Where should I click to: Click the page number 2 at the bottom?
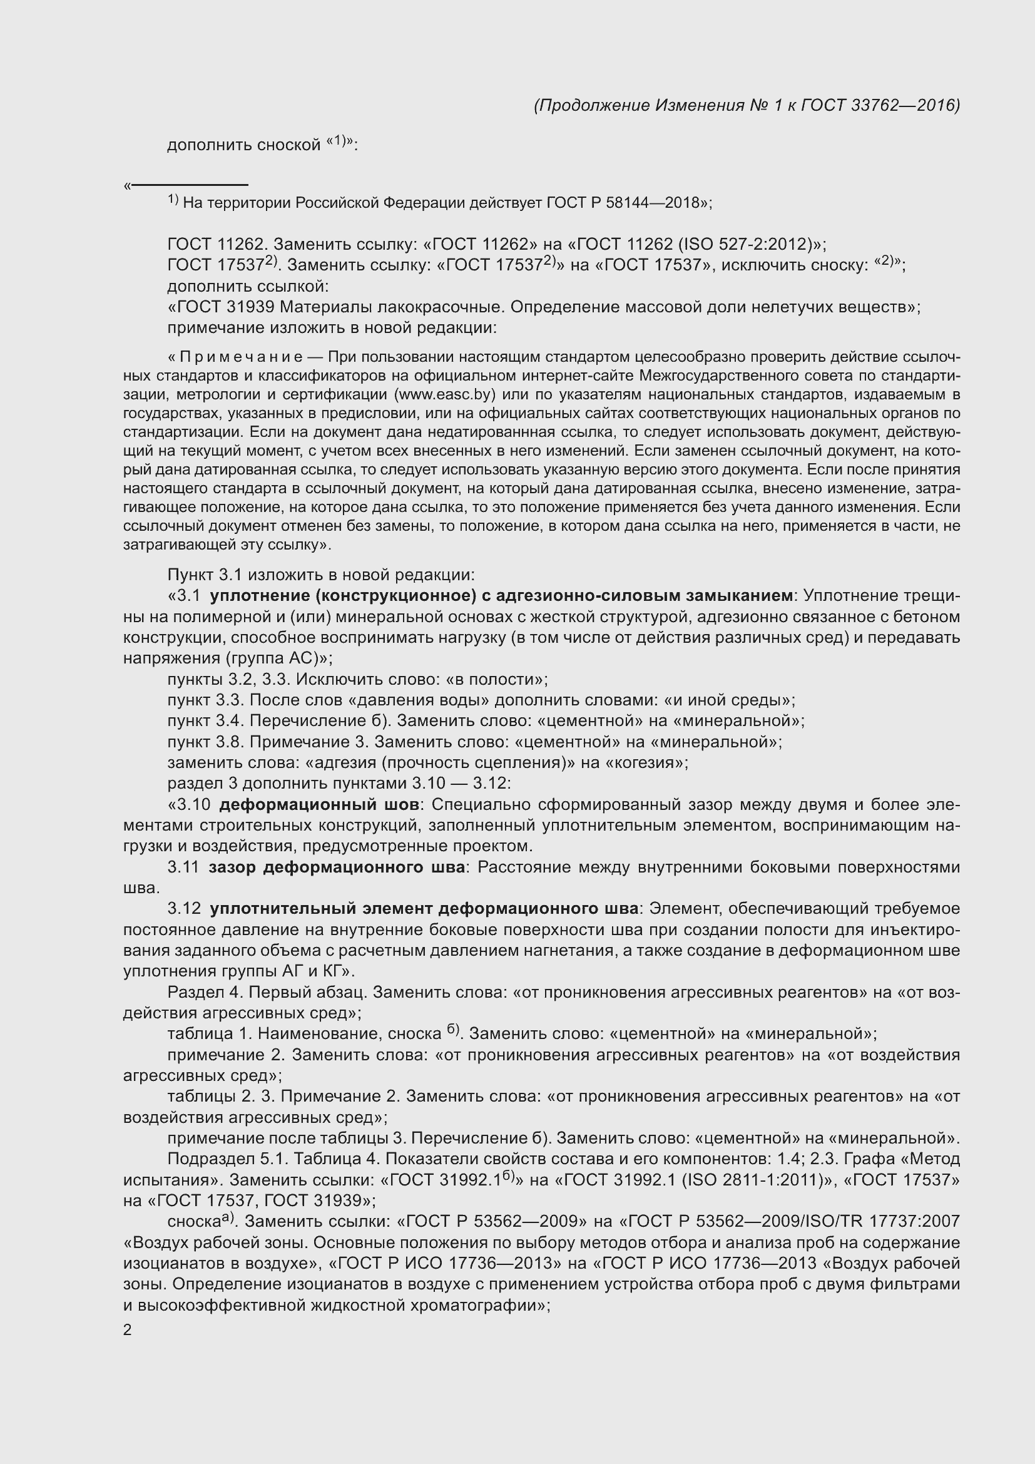pyautogui.click(x=128, y=1330)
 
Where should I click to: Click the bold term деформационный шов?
pyautogui.click(x=319, y=805)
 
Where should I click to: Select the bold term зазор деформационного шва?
pyautogui.click(x=337, y=867)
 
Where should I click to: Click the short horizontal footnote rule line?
pyautogui.click(x=190, y=185)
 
